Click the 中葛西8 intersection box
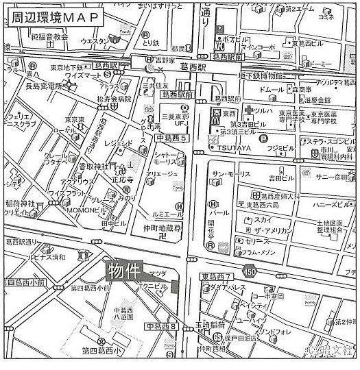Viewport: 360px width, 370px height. tap(160, 326)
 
